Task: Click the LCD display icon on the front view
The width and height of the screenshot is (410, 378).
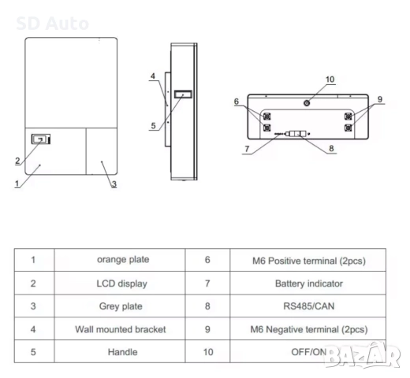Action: point(39,139)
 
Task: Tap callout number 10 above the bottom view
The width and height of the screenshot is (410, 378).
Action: point(330,80)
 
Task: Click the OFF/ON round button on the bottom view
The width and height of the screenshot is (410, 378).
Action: point(306,103)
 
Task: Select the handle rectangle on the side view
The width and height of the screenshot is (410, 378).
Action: point(182,95)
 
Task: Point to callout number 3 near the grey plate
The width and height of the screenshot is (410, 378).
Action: point(114,184)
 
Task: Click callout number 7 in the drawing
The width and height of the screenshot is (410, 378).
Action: point(247,147)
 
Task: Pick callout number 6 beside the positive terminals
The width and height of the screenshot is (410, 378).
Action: point(235,102)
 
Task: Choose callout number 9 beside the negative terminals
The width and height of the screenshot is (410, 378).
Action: point(379,100)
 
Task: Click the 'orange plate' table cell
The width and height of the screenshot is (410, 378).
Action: point(123,259)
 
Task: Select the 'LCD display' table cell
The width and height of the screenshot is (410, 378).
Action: point(122,283)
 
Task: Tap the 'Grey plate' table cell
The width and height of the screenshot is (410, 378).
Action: point(122,306)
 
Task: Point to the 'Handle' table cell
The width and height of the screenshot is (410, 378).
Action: point(122,352)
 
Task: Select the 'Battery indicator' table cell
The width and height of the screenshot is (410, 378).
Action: point(309,283)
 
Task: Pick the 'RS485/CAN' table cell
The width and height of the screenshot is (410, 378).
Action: point(309,306)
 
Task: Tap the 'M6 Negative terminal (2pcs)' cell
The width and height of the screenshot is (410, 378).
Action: point(309,329)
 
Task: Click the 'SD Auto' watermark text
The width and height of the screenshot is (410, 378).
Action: point(52,24)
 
